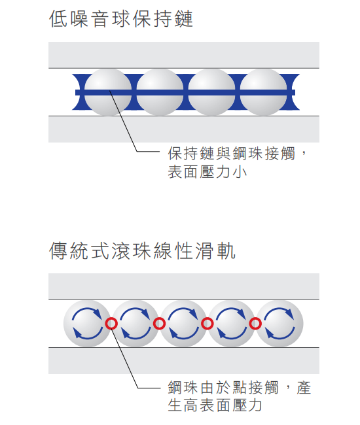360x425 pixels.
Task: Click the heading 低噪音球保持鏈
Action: point(121,19)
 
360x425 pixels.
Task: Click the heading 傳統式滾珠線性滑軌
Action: point(142,250)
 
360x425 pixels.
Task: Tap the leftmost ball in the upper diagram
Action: point(108,92)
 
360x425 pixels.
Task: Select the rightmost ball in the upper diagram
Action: point(263,92)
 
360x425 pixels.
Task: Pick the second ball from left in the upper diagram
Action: point(160,92)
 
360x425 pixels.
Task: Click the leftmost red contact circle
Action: point(111,324)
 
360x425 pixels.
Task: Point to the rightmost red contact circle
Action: point(255,324)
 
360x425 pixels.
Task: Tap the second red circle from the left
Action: point(159,324)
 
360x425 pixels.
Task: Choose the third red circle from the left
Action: point(207,324)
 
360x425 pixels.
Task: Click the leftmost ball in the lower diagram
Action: point(87,324)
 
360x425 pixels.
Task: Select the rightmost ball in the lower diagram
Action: point(279,324)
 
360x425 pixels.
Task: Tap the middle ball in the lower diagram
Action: point(183,324)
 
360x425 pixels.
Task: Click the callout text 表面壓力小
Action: point(207,172)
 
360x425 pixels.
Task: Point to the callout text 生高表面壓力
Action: point(215,405)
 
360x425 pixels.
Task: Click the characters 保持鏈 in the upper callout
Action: point(191,153)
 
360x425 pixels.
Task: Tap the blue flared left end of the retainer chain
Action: point(79,92)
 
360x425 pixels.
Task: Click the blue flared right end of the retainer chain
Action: point(293,92)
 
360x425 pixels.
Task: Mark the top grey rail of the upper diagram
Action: point(184,55)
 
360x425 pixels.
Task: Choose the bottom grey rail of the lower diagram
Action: point(184,361)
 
